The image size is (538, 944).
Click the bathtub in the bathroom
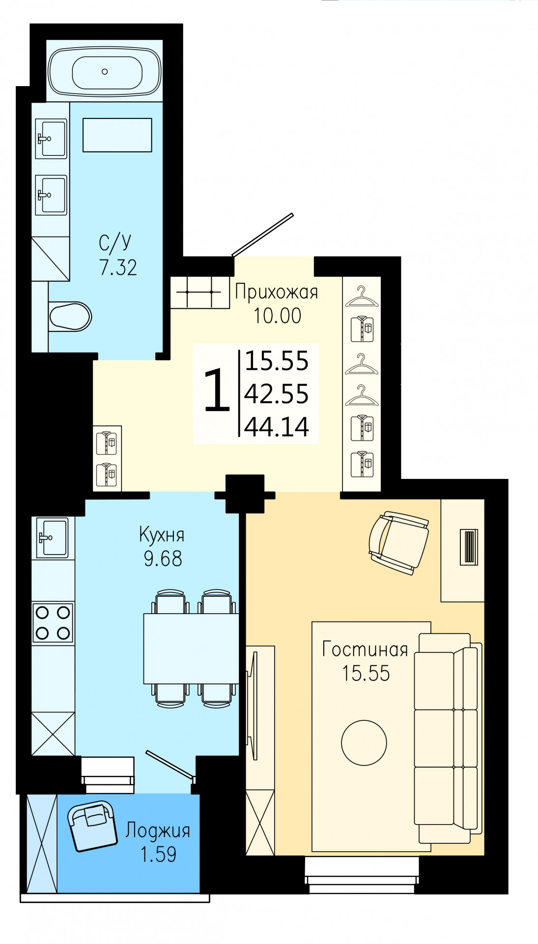(x=105, y=71)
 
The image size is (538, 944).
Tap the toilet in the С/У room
(x=70, y=316)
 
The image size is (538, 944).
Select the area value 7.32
(x=118, y=267)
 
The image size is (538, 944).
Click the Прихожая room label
(x=277, y=292)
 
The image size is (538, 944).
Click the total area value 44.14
(x=277, y=427)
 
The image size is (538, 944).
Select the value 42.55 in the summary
(x=277, y=394)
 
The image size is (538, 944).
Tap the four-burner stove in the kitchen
(x=53, y=623)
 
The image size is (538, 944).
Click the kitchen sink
(x=53, y=538)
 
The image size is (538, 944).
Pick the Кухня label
(x=162, y=535)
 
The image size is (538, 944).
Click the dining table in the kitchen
(x=191, y=649)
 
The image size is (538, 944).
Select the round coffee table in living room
(x=364, y=742)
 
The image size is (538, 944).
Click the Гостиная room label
(x=365, y=649)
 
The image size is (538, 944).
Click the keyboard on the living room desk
(x=469, y=547)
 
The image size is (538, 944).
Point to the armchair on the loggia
(x=92, y=826)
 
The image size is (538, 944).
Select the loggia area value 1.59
(x=158, y=854)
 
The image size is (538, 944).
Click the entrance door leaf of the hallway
(x=262, y=235)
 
